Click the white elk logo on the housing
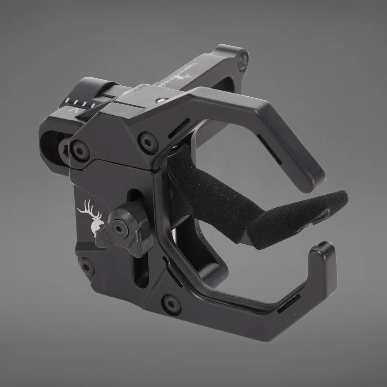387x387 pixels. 92,218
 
